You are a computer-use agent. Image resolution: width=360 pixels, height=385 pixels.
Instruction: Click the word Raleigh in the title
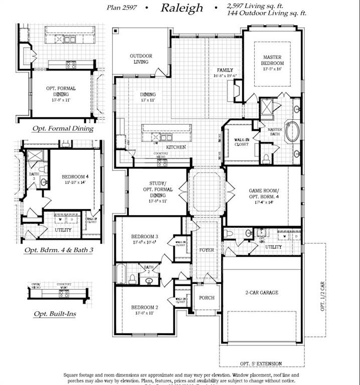[182, 8]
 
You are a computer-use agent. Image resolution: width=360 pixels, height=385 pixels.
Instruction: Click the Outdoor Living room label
[141, 59]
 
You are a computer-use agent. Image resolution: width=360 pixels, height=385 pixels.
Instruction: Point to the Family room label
[225, 70]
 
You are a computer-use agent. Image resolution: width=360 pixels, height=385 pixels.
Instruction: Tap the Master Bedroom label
[273, 61]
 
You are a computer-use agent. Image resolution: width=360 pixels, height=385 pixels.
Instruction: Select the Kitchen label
[176, 147]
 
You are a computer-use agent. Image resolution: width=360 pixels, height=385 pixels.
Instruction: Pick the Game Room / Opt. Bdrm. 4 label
[263, 194]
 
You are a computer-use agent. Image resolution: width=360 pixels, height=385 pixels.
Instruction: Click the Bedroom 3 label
[145, 236]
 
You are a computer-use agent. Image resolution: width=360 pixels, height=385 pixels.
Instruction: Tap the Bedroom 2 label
[145, 307]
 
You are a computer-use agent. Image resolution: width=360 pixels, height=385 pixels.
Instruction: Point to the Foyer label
[207, 250]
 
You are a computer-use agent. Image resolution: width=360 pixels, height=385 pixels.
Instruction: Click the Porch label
[207, 298]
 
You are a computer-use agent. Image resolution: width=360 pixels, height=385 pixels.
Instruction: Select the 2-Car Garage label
[262, 292]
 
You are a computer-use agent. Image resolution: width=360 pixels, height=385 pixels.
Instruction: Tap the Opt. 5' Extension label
[261, 363]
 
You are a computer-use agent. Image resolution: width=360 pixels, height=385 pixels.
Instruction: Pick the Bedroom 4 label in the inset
[75, 177]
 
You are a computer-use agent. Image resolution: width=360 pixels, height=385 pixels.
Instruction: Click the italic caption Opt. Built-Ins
[55, 314]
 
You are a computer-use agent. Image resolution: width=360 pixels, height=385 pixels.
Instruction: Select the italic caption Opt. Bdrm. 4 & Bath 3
[62, 249]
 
